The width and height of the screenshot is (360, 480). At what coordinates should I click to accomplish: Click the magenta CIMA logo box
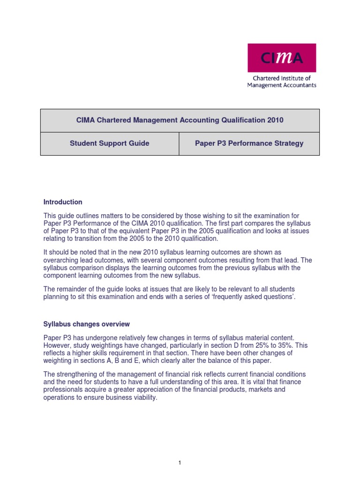pos(282,58)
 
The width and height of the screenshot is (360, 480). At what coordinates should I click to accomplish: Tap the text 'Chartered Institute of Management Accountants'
pos(282,82)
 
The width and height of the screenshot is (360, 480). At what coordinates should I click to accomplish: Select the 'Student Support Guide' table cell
pos(110,143)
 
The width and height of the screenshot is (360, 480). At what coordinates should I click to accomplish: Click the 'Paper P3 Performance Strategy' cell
pos(249,143)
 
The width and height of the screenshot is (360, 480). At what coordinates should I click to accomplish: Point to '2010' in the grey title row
pos(276,120)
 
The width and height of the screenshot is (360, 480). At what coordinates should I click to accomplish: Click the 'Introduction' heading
pos(63,202)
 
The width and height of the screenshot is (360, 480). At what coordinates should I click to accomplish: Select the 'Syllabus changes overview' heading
pos(87,324)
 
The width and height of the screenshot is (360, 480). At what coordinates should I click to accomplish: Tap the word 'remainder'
pos(73,290)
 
